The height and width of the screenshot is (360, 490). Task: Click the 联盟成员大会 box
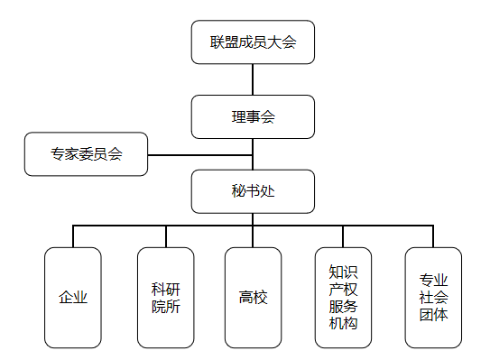253,42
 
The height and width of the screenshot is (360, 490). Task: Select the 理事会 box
253,117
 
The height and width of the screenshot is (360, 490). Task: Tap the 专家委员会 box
86,154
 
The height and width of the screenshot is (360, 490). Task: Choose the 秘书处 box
253,191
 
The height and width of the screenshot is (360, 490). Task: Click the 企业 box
73,298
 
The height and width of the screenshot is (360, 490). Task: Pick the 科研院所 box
166,298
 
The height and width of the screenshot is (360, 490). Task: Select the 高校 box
253,298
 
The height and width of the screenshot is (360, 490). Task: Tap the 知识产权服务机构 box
343,298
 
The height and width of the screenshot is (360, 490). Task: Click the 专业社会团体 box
433,298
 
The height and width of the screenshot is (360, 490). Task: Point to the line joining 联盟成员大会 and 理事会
253,79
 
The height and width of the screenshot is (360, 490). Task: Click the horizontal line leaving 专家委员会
200,155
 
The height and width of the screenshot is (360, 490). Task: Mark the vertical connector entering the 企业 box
73,236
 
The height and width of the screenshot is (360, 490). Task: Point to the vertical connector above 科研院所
166,236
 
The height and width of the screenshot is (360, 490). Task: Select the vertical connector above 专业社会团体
433,236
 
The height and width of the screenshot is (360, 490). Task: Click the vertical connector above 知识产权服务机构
343,236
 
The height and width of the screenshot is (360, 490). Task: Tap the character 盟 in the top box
231,42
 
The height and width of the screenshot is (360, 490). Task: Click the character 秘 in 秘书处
238,191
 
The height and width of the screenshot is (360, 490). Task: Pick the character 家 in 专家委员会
72,154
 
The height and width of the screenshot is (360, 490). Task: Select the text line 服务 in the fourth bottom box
343,306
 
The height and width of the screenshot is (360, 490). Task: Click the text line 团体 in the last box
433,315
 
